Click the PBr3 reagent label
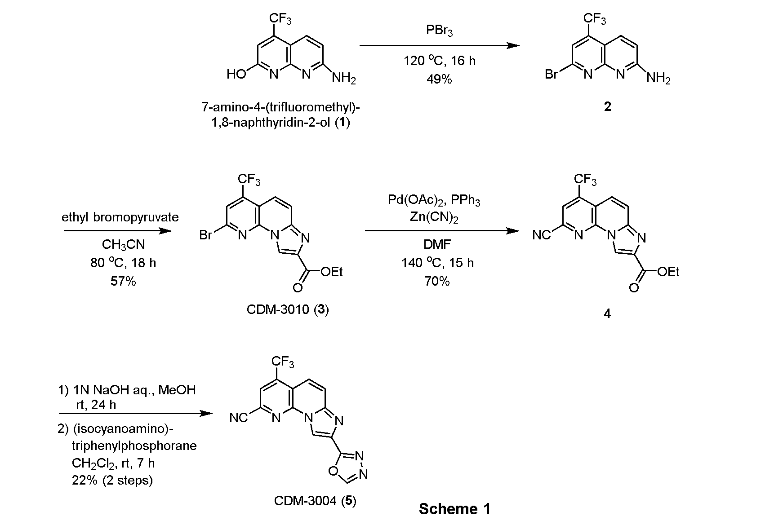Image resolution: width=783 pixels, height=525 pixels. [x=439, y=31]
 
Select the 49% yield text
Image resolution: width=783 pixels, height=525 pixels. [x=439, y=79]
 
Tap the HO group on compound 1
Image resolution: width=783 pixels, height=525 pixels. [x=236, y=75]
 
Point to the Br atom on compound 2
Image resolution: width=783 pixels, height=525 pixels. [x=552, y=75]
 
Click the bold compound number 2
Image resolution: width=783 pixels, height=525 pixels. [x=608, y=107]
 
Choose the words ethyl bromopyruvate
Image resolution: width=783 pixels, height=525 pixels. [x=120, y=217]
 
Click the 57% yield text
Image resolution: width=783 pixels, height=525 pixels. [x=123, y=282]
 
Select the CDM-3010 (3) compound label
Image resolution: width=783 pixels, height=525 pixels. [x=288, y=310]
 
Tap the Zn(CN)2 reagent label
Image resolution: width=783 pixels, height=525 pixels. [x=434, y=217]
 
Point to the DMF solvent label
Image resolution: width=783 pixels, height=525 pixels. [x=437, y=244]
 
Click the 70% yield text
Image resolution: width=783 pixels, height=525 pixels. [x=437, y=282]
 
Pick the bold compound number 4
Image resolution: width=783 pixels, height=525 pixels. [x=607, y=314]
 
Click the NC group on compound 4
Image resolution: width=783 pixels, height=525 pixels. [x=542, y=235]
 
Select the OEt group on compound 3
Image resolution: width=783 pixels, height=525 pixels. [x=332, y=272]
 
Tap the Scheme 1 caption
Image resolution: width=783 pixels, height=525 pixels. [x=454, y=509]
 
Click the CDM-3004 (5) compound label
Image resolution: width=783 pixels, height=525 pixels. [x=315, y=501]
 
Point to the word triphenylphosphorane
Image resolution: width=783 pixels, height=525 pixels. [x=134, y=446]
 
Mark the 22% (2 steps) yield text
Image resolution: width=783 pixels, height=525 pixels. [x=112, y=481]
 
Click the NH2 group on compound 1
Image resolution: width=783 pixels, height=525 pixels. [x=344, y=79]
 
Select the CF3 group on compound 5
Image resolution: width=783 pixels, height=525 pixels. [x=283, y=362]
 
